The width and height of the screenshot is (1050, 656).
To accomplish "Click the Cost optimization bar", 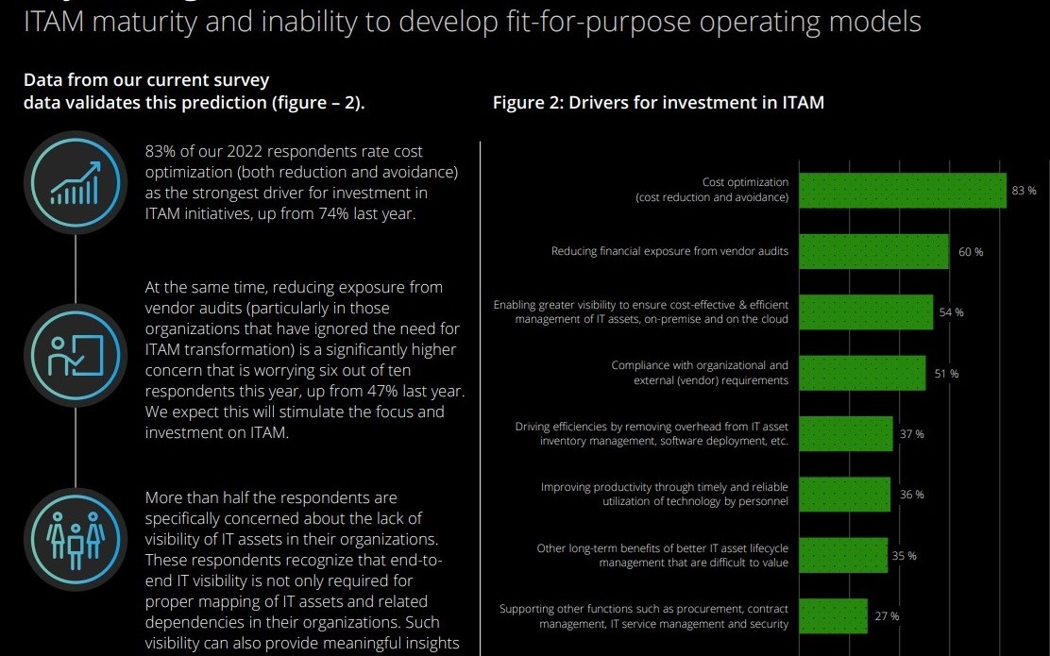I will (x=902, y=190).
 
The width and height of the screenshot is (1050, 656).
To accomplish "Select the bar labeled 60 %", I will (x=873, y=252).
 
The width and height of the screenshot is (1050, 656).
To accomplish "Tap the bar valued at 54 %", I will (x=866, y=312).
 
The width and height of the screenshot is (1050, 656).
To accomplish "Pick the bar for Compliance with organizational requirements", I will (x=862, y=373).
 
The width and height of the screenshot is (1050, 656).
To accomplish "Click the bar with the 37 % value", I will (x=845, y=434).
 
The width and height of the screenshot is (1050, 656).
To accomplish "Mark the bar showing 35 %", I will (x=842, y=555).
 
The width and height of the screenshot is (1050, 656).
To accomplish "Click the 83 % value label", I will (x=1024, y=191).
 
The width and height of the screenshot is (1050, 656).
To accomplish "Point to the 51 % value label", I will (x=946, y=374).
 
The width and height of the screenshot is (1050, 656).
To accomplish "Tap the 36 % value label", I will (x=912, y=495).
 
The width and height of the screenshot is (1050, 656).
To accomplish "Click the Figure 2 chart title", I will (x=658, y=103).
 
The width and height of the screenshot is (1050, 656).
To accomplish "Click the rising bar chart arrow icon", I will (x=75, y=181).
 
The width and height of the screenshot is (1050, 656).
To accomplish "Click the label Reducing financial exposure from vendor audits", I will (x=669, y=252).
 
